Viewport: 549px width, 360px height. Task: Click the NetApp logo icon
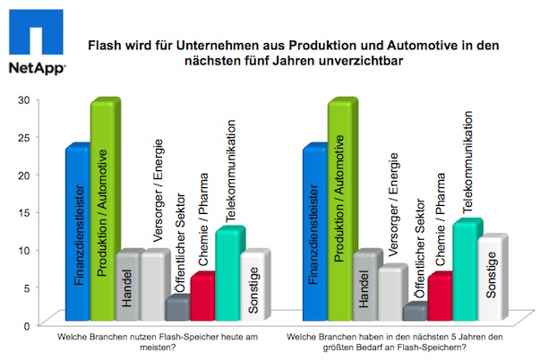tap(31, 35)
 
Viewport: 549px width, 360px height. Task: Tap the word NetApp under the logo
tap(32, 69)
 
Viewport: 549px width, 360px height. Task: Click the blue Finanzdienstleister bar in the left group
tap(78, 233)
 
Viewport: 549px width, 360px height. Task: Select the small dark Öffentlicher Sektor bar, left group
tap(177, 309)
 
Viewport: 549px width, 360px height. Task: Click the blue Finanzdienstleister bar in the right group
tap(315, 233)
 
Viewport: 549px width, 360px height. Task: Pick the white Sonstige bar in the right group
tap(491, 279)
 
